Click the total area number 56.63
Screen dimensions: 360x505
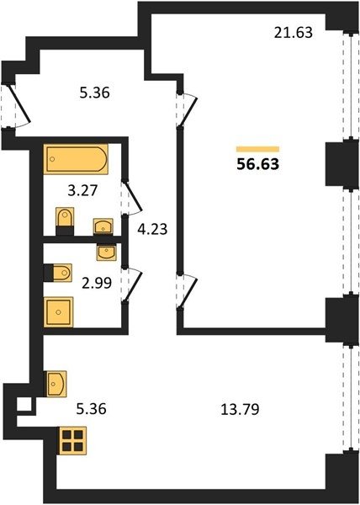tap(257, 164)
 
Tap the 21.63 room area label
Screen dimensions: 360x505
tap(293, 33)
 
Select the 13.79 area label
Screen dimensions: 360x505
tap(240, 410)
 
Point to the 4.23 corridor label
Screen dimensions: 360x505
tap(152, 229)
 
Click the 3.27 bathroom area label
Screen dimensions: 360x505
tap(82, 191)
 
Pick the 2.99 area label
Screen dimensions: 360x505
tap(97, 283)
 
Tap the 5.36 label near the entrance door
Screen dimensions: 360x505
tap(94, 93)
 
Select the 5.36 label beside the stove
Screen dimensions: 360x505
tap(91, 409)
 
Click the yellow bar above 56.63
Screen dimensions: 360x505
tap(257, 149)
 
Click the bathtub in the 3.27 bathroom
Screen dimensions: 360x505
tap(76, 159)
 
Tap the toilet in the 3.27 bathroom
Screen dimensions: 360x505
tap(65, 221)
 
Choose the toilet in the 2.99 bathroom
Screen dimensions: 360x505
tap(58, 273)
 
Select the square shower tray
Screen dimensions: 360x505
tap(59, 311)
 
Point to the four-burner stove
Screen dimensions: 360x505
tap(72, 440)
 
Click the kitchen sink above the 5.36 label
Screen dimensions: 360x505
tap(56, 384)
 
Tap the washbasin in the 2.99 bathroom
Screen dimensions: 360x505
tap(107, 252)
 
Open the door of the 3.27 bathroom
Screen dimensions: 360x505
tap(131, 198)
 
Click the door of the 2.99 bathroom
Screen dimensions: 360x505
tap(131, 284)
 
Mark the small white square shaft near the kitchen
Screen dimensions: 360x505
tap(24, 404)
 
